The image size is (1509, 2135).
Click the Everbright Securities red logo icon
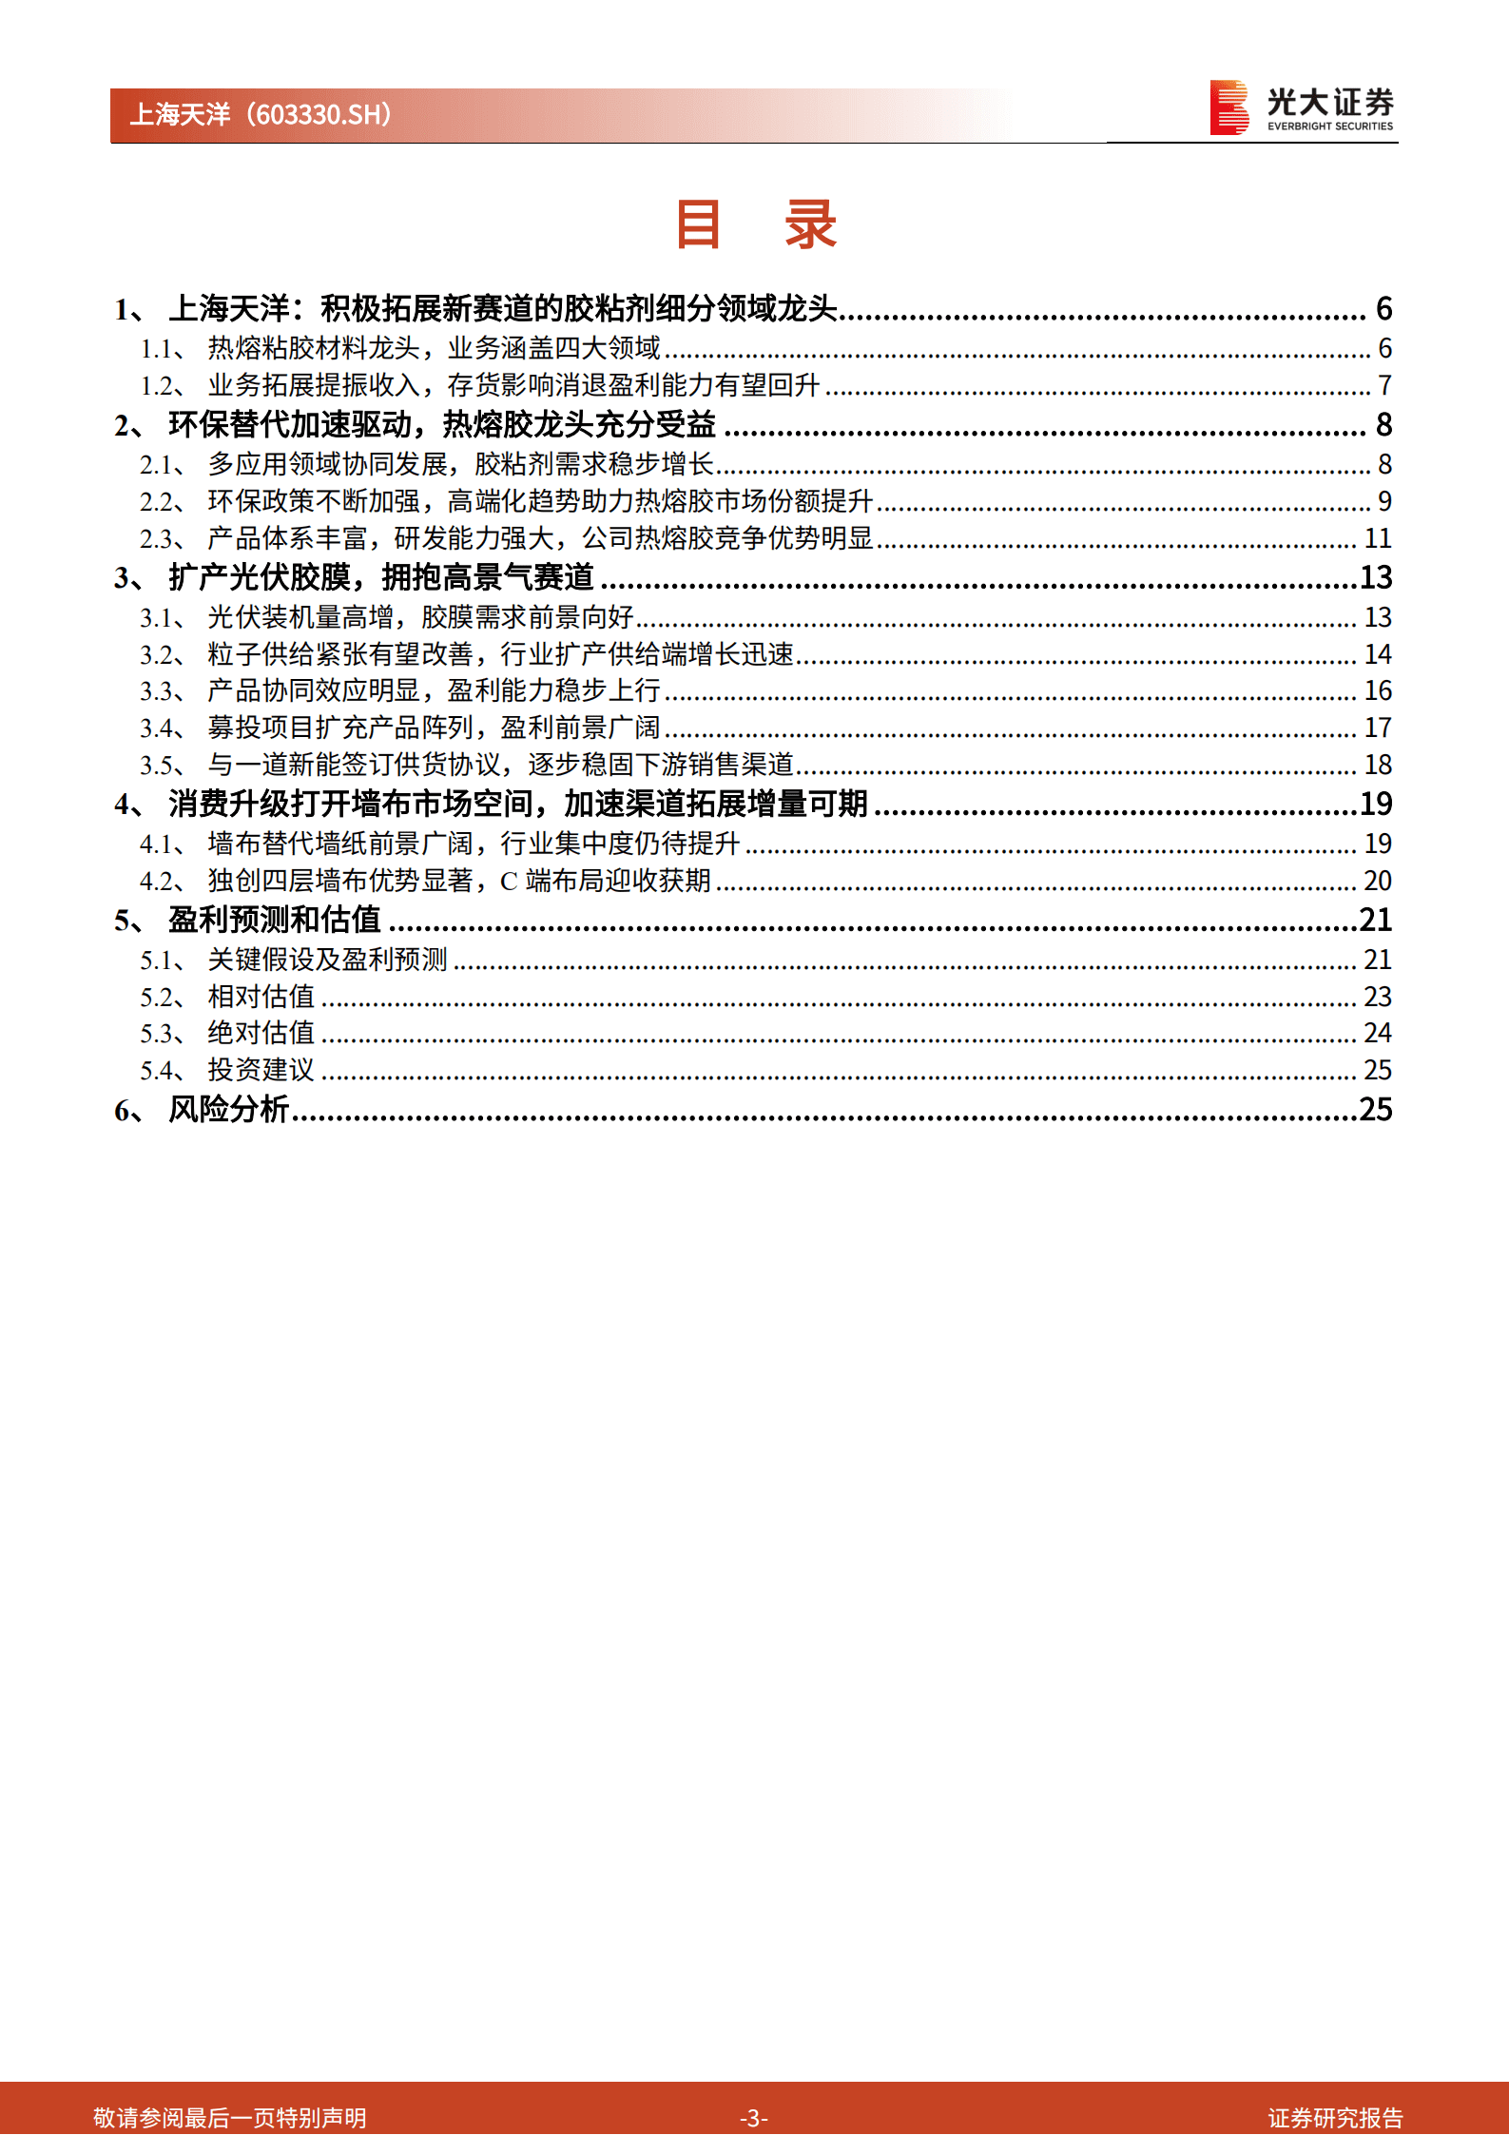[x=1228, y=107]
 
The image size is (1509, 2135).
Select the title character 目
[x=699, y=225]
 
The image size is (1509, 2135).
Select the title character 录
[x=809, y=225]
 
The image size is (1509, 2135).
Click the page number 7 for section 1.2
[x=1384, y=386]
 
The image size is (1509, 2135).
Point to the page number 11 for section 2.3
[x=1378, y=539]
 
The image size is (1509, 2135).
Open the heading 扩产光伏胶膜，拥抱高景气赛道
[x=380, y=577]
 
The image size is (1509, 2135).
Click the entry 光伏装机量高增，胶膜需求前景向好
[x=420, y=618]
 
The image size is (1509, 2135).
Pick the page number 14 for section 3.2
[x=1378, y=654]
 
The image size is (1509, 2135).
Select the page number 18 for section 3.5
[x=1378, y=765]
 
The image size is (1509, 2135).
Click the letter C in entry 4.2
[x=509, y=882]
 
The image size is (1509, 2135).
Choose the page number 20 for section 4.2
[x=1378, y=882]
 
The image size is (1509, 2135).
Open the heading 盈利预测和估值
[x=274, y=920]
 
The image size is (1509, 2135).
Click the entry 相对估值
[x=261, y=997]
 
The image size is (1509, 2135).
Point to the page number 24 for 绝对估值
[x=1378, y=1033]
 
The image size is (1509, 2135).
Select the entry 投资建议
[x=261, y=1070]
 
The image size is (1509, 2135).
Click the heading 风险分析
[x=228, y=1109]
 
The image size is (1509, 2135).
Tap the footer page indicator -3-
[x=753, y=2117]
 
